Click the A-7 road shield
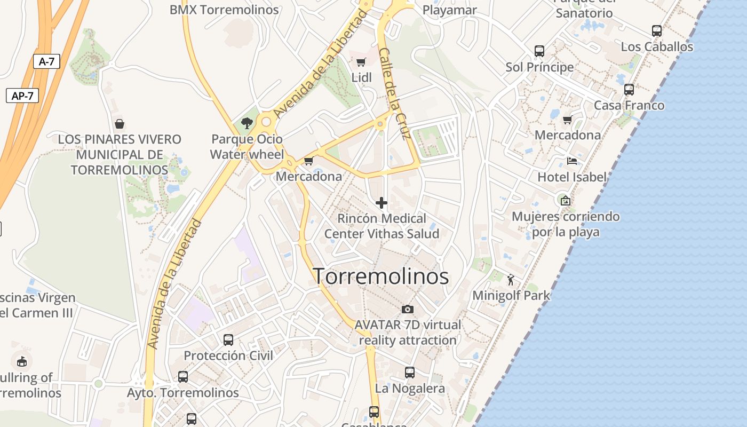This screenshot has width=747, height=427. [x=46, y=61]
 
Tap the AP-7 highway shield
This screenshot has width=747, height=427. [x=22, y=96]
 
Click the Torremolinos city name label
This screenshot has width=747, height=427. [x=380, y=276]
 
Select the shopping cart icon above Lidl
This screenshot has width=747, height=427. [x=361, y=62]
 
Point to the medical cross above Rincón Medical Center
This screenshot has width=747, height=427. [x=382, y=203]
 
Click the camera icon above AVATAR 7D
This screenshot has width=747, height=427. [x=408, y=309]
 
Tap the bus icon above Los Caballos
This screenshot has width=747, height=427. [x=657, y=31]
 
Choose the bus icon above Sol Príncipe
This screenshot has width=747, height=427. [x=539, y=51]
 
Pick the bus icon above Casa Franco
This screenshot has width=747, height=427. [x=629, y=90]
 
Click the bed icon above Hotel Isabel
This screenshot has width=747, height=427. [x=572, y=161]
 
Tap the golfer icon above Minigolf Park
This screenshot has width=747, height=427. [x=511, y=279]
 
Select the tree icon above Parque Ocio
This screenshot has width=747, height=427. [x=247, y=123]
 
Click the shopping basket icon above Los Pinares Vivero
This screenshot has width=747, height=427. [x=120, y=124]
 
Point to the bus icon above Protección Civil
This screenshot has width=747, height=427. [x=228, y=340]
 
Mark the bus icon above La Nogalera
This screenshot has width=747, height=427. [x=410, y=373]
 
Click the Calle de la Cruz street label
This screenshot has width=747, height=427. [x=394, y=94]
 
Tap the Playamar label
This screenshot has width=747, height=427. [x=450, y=10]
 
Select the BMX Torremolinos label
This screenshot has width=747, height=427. [x=224, y=10]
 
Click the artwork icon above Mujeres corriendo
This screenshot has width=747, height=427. [x=566, y=201]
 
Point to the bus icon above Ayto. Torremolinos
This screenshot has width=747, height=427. [x=183, y=377]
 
